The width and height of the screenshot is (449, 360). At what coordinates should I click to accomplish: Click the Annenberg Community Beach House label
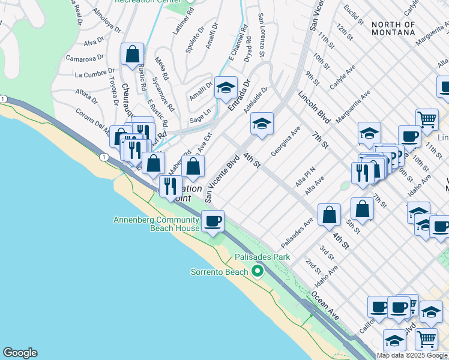[x=156, y=224]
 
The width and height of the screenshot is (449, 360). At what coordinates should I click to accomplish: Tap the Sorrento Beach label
[x=219, y=272]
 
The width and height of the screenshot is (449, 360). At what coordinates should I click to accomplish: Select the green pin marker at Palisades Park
[x=258, y=272]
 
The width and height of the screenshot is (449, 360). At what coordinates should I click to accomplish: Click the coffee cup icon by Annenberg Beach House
[x=212, y=222]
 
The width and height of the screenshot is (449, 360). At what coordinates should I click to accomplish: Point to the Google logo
[x=20, y=353]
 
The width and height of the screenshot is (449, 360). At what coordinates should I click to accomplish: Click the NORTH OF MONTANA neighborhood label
[x=393, y=28]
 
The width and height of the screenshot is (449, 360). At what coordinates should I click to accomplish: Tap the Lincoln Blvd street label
[x=314, y=107]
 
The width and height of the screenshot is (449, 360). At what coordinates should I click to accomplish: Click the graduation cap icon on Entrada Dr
[x=226, y=89]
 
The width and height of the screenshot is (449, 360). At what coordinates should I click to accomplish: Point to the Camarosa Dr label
[x=80, y=59]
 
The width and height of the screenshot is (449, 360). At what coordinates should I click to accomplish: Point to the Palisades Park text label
[x=262, y=257]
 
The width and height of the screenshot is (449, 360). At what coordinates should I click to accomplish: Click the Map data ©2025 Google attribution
[x=412, y=355]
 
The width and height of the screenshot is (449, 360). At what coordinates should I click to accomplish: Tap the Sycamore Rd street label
[x=162, y=94]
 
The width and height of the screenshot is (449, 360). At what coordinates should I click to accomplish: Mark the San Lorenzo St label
[x=262, y=36]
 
